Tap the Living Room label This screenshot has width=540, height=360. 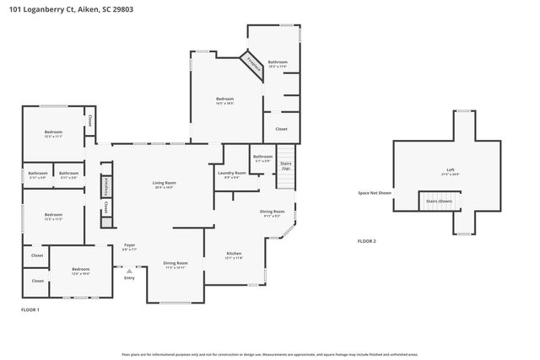(164, 183)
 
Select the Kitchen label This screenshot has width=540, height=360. (234, 254)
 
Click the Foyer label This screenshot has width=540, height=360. (129, 245)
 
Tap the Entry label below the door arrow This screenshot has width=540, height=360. (129, 278)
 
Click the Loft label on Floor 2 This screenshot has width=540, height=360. (450, 170)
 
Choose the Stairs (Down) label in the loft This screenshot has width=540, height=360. (439, 201)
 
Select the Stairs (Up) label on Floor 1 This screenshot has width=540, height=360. (286, 165)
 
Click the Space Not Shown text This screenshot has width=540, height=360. (375, 193)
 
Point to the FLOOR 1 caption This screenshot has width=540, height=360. (31, 310)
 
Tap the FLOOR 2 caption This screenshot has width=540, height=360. (367, 241)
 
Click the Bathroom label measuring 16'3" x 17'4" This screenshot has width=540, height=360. (278, 62)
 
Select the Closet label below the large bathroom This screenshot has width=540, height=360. (281, 129)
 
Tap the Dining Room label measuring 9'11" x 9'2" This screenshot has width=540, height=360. (272, 212)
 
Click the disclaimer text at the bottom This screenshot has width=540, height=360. (270, 354)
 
